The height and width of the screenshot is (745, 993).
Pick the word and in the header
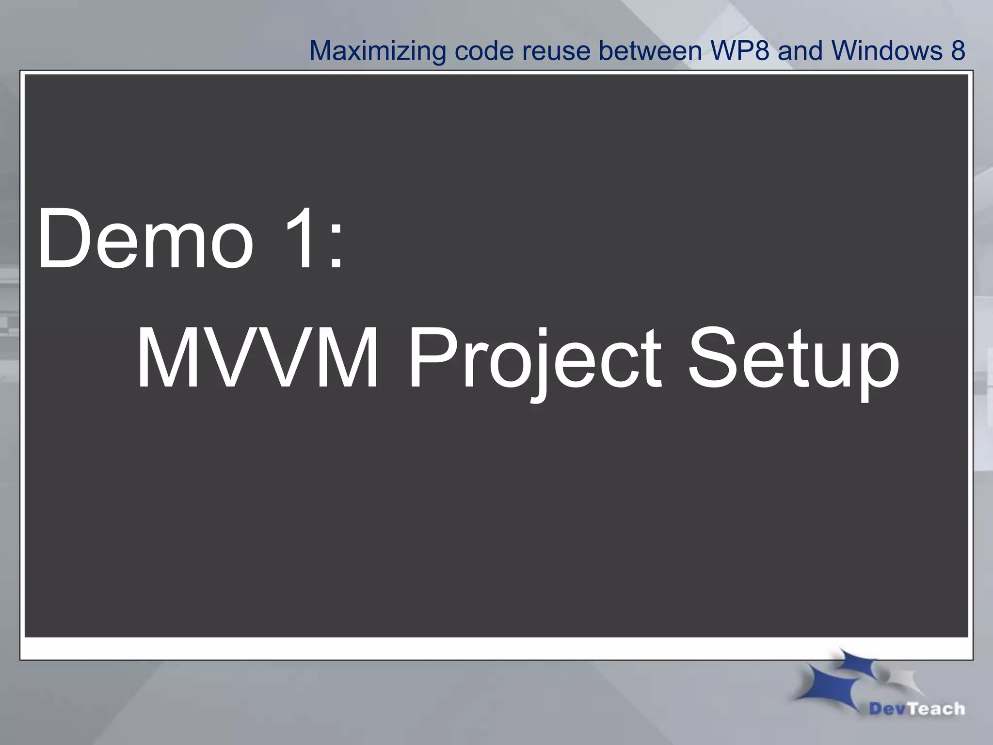(800, 51)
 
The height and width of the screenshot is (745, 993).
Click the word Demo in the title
(145, 238)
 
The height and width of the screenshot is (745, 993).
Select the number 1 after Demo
(299, 238)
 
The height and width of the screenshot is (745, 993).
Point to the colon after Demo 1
(336, 245)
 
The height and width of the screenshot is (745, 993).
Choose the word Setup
(793, 361)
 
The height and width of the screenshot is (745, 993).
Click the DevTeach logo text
(916, 709)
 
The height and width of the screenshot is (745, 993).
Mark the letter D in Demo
(63, 238)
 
